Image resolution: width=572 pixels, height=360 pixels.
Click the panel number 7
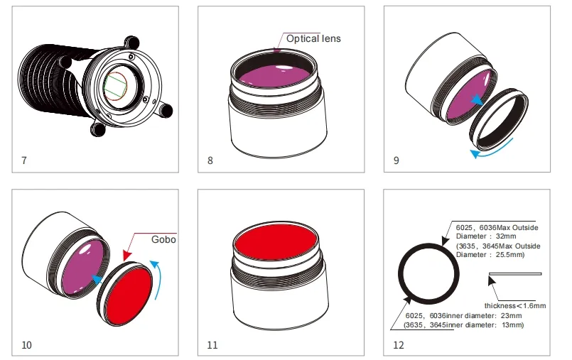[x=24, y=160]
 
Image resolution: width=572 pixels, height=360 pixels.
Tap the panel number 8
[x=210, y=160]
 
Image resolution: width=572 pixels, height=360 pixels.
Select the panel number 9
[x=396, y=160]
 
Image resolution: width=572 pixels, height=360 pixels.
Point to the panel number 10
[x=26, y=345]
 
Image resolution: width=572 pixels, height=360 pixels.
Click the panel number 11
[x=212, y=345]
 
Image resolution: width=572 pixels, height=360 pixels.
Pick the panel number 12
[x=399, y=345]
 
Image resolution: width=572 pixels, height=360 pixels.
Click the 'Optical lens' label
[x=313, y=38]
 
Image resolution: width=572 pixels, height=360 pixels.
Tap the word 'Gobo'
[x=163, y=239]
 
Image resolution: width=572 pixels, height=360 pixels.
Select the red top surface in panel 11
[x=276, y=242]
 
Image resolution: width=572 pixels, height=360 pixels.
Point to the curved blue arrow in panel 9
[x=491, y=150]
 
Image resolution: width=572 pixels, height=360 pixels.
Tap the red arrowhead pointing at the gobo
[x=127, y=255]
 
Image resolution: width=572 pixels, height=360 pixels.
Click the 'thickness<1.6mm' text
[x=515, y=306]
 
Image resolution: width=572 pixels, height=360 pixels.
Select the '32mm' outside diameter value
[x=506, y=236]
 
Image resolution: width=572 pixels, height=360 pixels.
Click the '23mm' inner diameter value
[x=512, y=315]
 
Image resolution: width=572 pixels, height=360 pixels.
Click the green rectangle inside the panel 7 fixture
[x=115, y=87]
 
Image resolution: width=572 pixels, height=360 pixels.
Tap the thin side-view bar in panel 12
[x=515, y=273]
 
